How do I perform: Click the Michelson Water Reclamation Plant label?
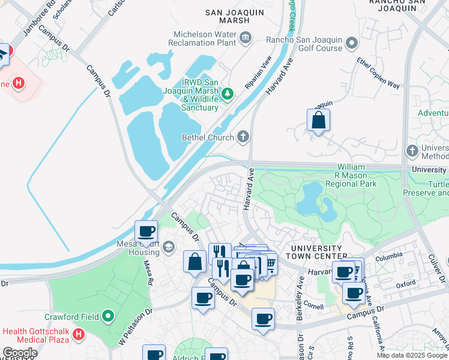point(204,39)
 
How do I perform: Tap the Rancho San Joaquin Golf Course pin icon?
point(351,44)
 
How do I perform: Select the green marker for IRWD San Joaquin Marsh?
point(228,93)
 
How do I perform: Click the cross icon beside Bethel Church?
point(243,137)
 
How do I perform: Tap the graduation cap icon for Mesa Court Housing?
point(169,247)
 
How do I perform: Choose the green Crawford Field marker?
point(108,315)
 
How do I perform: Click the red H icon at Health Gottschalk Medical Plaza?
point(79,334)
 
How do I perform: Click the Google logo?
point(19,353)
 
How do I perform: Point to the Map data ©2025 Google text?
point(412,355)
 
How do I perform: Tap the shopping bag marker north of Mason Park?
point(318,121)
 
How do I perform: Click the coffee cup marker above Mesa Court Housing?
point(146,232)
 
